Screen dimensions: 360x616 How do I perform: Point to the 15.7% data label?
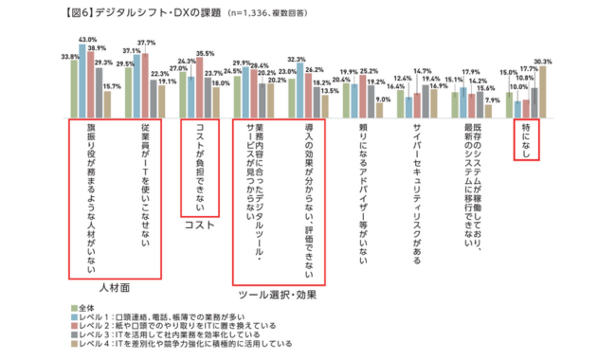[x=112, y=87]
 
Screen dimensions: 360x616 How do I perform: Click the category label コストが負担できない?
[x=199, y=167]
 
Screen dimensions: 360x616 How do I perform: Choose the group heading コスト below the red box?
[x=199, y=225]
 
